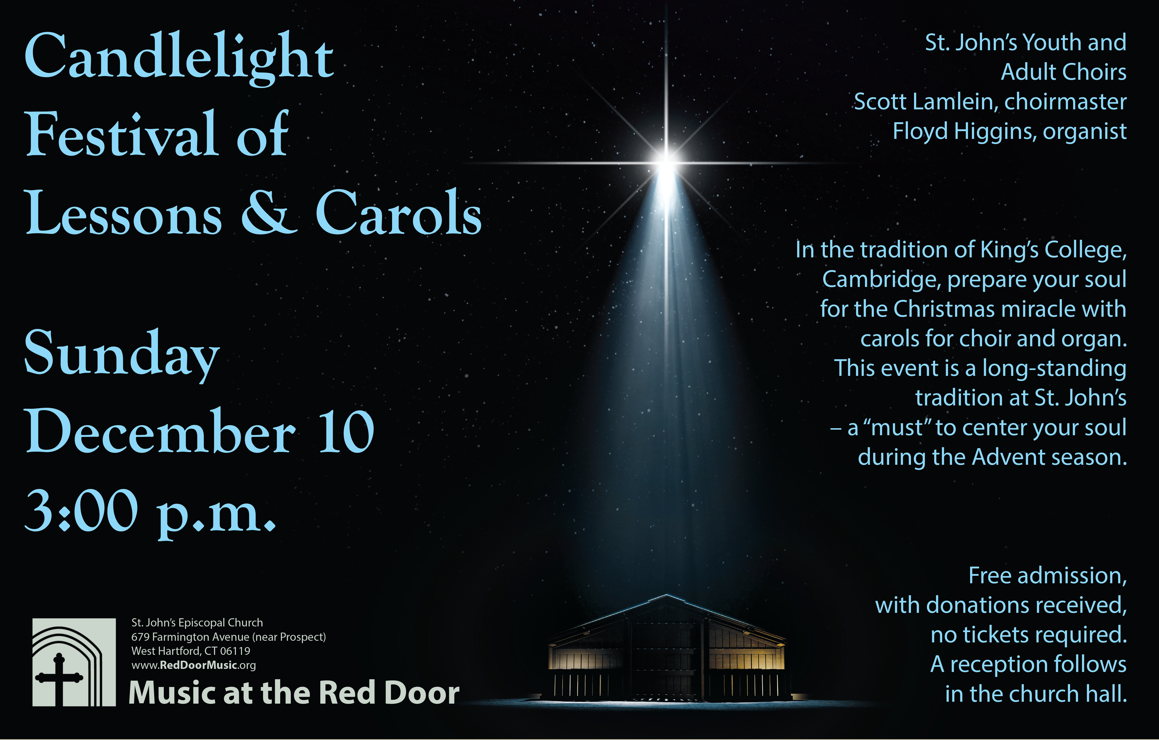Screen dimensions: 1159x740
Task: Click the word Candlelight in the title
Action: (179, 58)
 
